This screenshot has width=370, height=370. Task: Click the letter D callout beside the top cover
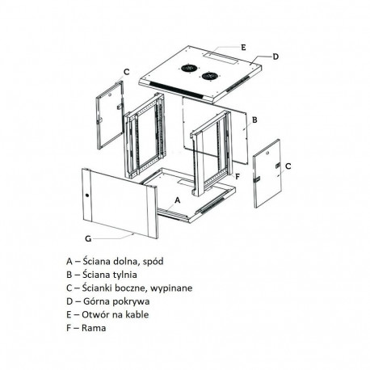click(x=275, y=57)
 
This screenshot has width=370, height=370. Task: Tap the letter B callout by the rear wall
click(x=254, y=120)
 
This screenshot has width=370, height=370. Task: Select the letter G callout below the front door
click(x=88, y=238)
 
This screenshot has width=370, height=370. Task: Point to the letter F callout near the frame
click(x=238, y=177)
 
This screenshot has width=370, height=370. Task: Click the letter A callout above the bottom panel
click(x=177, y=200)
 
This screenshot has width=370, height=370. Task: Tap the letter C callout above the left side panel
click(x=126, y=72)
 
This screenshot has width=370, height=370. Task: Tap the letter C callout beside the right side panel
click(x=288, y=166)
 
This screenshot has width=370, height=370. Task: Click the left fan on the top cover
click(x=187, y=68)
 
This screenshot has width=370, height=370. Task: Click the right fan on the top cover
click(x=208, y=76)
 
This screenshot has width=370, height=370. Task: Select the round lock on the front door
click(x=87, y=196)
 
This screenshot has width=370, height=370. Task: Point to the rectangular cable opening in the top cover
click(x=220, y=58)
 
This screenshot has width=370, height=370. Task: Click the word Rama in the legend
click(x=94, y=328)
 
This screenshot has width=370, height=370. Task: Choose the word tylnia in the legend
click(x=124, y=275)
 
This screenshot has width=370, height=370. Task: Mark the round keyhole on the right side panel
click(x=267, y=153)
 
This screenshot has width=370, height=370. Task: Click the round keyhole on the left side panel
click(x=110, y=95)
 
